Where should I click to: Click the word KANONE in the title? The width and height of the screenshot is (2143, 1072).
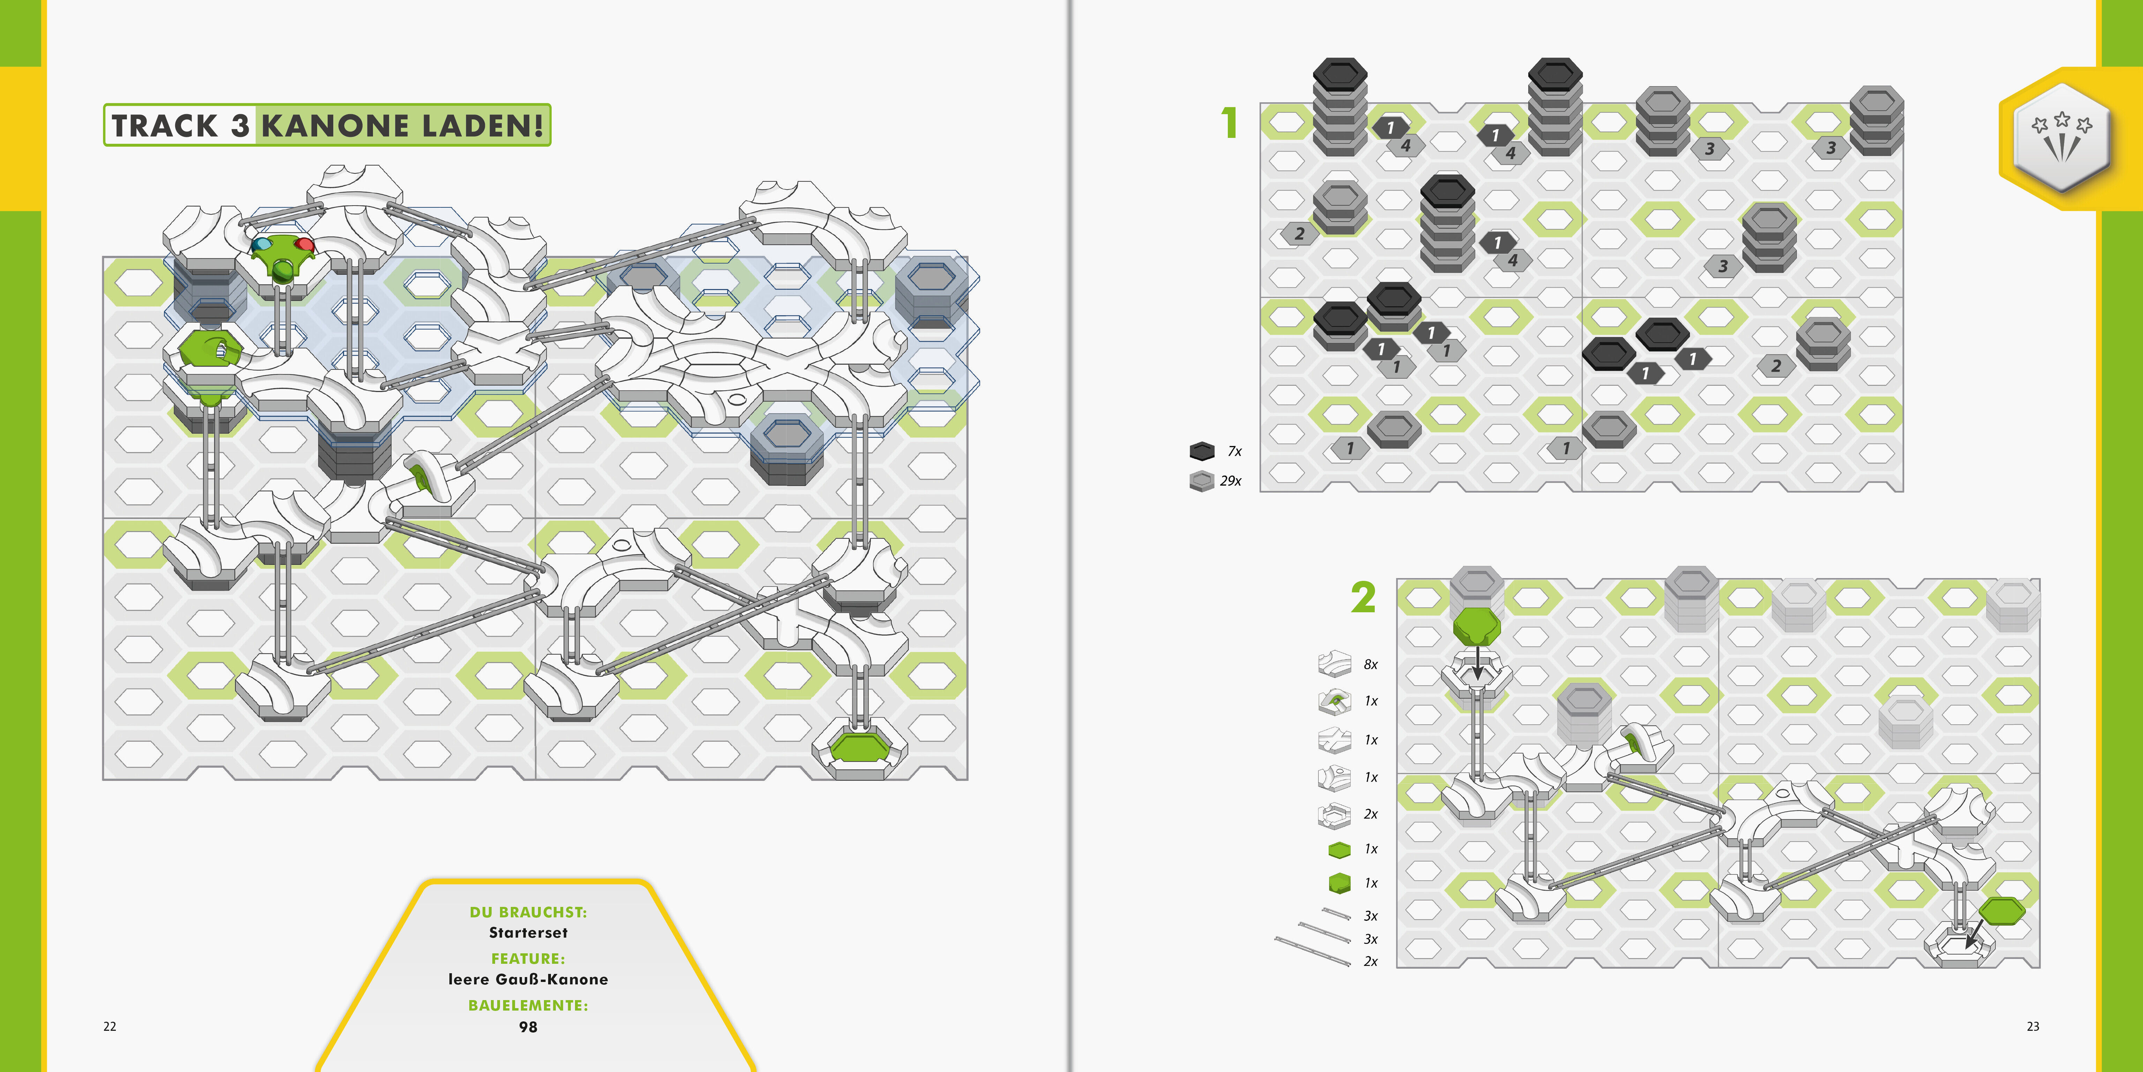click(x=335, y=126)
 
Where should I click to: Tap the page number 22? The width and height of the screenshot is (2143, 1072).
click(x=110, y=1026)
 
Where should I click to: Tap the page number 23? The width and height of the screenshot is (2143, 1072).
click(x=2032, y=1026)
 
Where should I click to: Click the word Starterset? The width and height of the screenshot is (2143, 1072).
click(x=528, y=933)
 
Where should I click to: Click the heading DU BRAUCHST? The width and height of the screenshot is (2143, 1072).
click(x=528, y=912)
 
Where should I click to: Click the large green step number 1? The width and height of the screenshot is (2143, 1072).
click(x=1230, y=123)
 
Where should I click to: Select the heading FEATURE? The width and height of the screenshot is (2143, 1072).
click(x=528, y=959)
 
